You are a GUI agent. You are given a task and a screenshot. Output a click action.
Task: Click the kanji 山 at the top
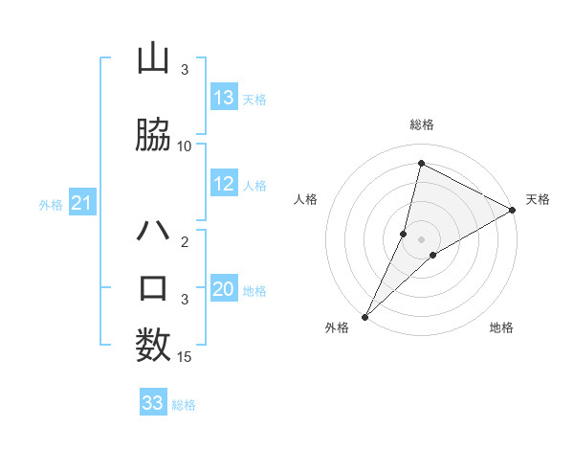click(x=152, y=58)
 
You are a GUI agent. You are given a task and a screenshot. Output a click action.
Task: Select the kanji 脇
click(x=152, y=135)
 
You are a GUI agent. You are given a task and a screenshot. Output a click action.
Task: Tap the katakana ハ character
click(x=152, y=233)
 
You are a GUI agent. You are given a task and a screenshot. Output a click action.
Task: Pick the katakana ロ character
click(x=152, y=288)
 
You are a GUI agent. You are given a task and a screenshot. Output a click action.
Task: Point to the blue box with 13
click(x=224, y=98)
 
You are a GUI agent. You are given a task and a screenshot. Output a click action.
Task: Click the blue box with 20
click(x=224, y=289)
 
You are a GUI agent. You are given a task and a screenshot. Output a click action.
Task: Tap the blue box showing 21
click(x=81, y=203)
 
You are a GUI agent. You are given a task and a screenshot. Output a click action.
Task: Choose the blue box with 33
click(x=152, y=403)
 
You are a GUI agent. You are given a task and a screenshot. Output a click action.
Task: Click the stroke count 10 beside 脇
click(x=185, y=146)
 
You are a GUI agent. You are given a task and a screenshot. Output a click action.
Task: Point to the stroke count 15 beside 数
click(x=185, y=357)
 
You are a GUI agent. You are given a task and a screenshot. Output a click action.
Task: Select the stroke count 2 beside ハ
click(x=185, y=241)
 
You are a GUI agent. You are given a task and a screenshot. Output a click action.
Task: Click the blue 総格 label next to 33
click(x=184, y=405)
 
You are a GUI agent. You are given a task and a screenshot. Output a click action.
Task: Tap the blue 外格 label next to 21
click(x=51, y=204)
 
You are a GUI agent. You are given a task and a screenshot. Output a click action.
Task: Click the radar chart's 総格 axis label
click(x=422, y=124)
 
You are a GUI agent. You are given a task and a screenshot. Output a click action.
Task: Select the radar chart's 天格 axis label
click(x=538, y=199)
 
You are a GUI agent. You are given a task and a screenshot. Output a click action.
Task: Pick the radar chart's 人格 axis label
click(x=305, y=199)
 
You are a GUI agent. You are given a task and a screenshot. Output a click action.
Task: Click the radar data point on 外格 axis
click(x=364, y=316)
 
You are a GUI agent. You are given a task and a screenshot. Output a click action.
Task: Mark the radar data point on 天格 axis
click(x=513, y=210)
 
